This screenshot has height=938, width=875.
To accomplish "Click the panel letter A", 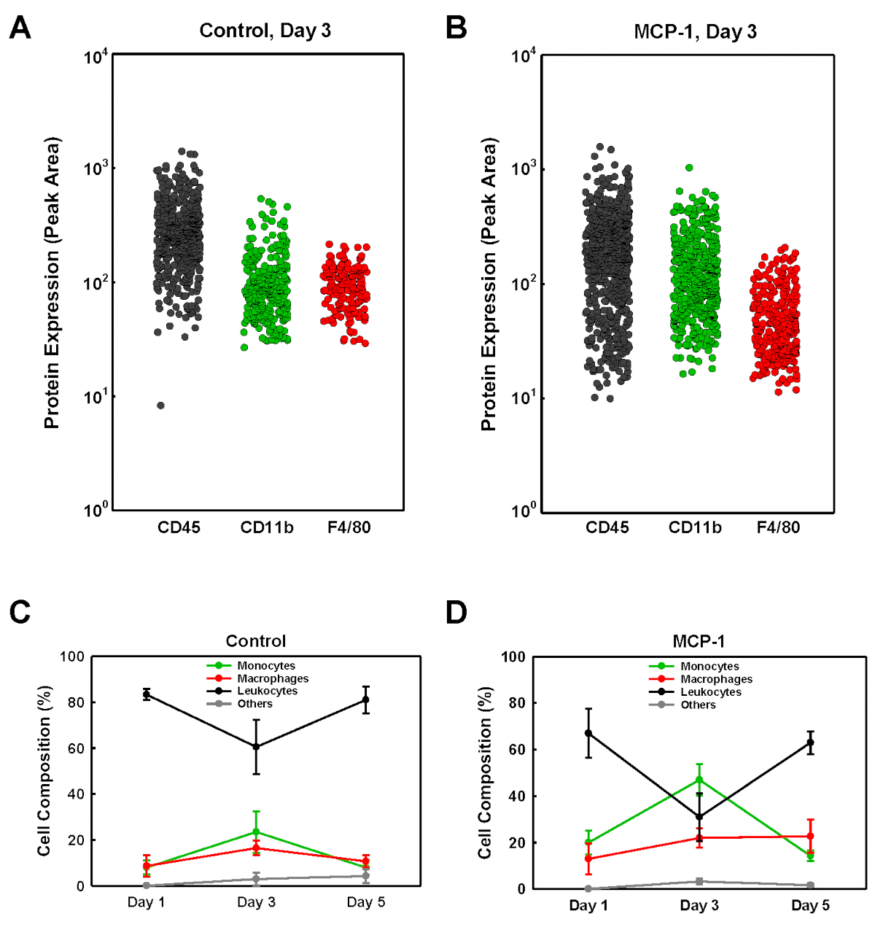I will coord(20,29).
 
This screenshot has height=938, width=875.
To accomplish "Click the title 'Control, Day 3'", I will coord(265,31).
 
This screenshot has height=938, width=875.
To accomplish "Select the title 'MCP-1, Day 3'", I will coord(696,31).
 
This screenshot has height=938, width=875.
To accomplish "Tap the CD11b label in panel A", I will coord(267,527).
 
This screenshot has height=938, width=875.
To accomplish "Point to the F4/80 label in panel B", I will coord(778,527).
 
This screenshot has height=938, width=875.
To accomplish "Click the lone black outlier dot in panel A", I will coord(160,406).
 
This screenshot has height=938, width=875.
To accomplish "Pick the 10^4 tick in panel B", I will coord(524,55).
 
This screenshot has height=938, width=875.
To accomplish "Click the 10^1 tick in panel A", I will coord(96,397).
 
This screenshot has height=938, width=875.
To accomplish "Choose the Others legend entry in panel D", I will coord(698,705).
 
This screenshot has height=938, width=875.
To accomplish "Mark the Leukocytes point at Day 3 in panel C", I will coord(256,747).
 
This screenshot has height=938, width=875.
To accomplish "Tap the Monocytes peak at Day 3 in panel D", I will coord(699,780).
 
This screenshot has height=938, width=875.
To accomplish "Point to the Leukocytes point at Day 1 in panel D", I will coord(588,733).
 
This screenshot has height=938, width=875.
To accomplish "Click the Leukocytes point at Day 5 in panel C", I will coord(366,699).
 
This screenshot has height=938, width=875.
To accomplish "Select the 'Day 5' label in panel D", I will coord(810,906).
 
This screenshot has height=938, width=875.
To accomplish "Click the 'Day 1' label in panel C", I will coord(146,903).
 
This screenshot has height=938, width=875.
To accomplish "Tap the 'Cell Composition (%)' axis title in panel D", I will coord(486,772).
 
